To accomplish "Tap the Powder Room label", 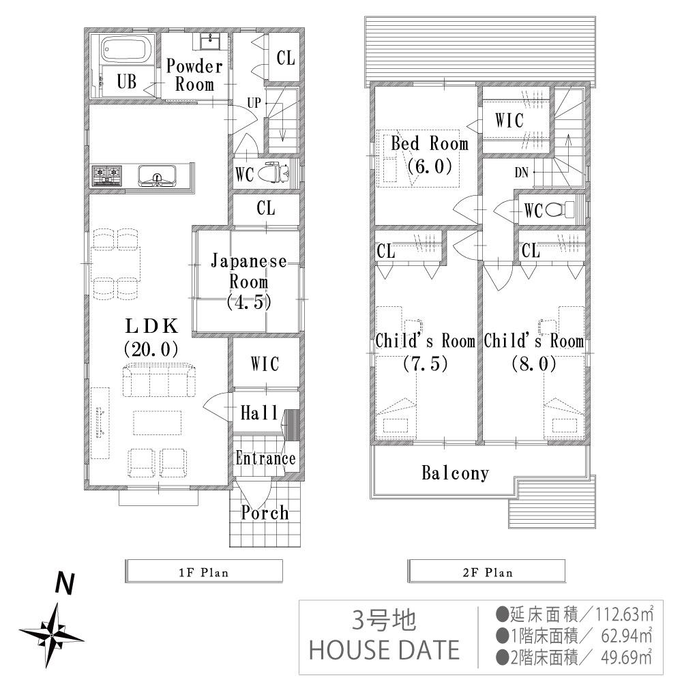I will [194, 75].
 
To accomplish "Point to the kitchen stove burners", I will [107, 176].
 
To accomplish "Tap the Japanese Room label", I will [248, 281].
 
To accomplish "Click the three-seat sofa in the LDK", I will [159, 381].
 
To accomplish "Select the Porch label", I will [265, 513].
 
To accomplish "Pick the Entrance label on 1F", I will [265, 458].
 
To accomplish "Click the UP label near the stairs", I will [254, 103].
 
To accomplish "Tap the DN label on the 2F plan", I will [522, 173].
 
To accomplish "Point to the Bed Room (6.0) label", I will [429, 154].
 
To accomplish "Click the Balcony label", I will [455, 473].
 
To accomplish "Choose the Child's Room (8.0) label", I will [533, 352].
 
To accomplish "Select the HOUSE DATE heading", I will [384, 649].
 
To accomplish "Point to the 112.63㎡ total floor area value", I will [621, 612].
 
